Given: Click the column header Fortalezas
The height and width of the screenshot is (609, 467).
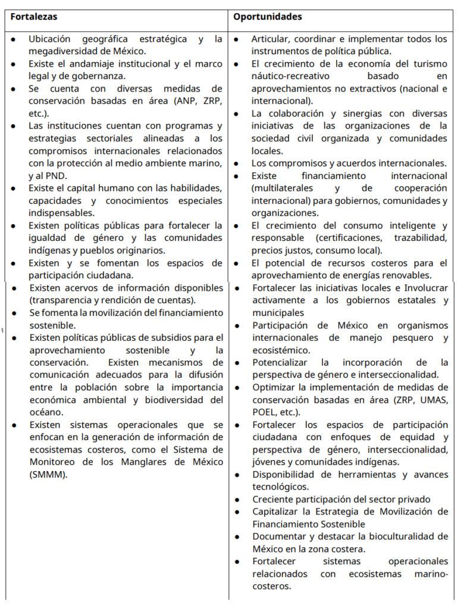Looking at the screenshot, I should [x=34, y=17].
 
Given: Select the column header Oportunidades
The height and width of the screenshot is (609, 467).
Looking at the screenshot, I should [x=267, y=17].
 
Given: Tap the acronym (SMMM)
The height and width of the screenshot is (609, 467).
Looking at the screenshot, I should [x=49, y=474].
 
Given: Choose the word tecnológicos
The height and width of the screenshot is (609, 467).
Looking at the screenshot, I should [x=280, y=486].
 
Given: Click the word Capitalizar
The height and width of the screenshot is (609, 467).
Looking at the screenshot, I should [x=277, y=511].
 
